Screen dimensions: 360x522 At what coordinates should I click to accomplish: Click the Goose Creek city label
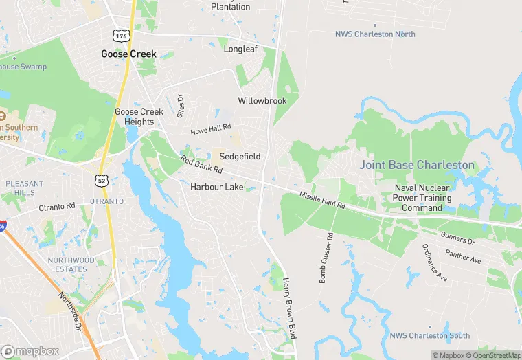[128, 54]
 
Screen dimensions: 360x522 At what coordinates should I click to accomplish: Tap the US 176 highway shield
[122, 35]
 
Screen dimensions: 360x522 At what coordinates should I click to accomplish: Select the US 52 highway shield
[100, 179]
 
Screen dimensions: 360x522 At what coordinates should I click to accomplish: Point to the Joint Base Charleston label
[417, 165]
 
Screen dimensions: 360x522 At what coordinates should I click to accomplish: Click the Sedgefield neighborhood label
[240, 157]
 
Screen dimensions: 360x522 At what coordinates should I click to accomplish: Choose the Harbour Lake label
[216, 187]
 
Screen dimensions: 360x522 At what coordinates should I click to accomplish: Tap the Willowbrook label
[262, 100]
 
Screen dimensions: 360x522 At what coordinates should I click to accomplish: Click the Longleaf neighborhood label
[240, 49]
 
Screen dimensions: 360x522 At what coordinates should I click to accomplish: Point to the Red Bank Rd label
[201, 165]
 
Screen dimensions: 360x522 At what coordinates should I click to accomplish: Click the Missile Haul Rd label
[321, 201]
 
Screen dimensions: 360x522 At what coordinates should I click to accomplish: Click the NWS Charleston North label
[375, 34]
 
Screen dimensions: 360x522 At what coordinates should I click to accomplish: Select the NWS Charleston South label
[429, 335]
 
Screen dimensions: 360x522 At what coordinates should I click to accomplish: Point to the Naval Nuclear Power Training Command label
[422, 198]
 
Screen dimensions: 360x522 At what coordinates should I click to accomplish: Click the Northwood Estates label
[71, 265]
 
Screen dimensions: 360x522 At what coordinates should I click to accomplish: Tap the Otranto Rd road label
[56, 206]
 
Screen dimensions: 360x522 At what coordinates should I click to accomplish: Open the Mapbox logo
[30, 351]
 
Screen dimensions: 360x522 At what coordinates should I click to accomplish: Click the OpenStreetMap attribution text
[493, 355]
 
